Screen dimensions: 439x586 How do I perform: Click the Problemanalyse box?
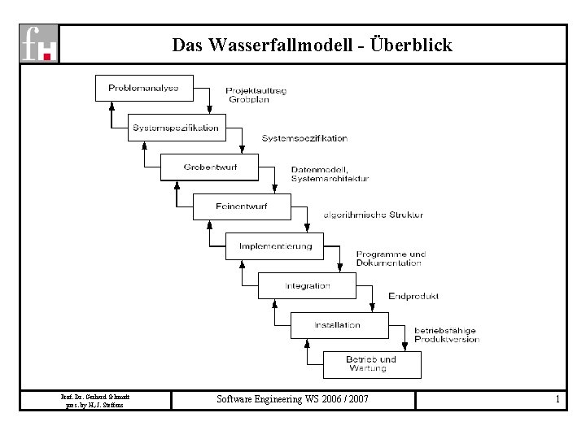pos(144,88)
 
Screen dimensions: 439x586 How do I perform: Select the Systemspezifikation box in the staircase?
pos(176,128)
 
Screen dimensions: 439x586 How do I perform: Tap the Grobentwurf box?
pos(209,167)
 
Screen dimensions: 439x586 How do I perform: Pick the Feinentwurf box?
pos(241,206)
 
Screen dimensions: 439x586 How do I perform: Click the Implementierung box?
pos(274,246)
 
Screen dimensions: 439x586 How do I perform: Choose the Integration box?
pos(307,285)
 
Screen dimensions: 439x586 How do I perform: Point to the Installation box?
pos(339,325)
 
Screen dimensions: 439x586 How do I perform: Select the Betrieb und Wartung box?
pos(371,364)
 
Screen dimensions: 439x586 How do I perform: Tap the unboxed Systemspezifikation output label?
pos(304,138)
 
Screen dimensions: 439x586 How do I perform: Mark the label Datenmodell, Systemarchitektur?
pos(330,174)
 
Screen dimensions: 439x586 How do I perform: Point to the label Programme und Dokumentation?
pos(391,259)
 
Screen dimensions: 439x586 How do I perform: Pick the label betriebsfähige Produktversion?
pos(445,334)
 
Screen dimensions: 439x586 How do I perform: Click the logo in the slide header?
pos(39,44)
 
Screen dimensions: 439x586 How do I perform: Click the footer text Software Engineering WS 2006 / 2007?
pos(292,400)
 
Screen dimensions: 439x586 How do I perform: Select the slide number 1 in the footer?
pos(557,400)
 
